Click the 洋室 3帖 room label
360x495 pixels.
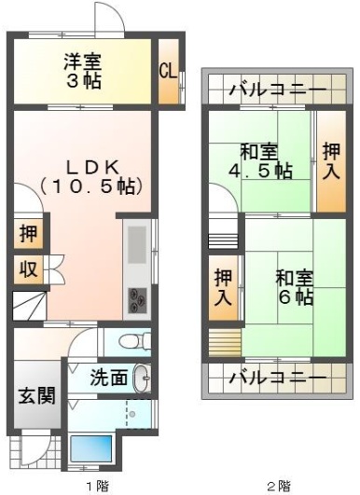pos(83,72)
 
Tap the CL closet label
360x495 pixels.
pos(168,72)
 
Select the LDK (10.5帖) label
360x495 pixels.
pos(91,177)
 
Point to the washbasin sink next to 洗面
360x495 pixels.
pos(142,378)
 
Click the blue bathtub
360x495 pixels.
pos(91,448)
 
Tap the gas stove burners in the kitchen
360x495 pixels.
pos(137,300)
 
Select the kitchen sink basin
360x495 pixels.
pos(137,244)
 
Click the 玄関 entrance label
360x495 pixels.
pos(37,395)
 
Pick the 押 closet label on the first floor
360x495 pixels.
pos(28,234)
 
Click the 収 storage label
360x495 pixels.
pos(28,269)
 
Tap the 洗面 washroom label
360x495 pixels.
pos(109,378)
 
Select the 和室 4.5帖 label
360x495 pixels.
pos(260,161)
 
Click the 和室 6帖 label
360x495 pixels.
pos(295,287)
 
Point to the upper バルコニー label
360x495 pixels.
pos(278,89)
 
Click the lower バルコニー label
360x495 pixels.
pos(278,378)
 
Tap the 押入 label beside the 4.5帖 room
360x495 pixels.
pos(331,161)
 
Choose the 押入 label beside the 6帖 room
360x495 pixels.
pos(223,287)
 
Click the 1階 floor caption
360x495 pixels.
pos(98,486)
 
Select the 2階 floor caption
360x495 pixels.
pos(279,486)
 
